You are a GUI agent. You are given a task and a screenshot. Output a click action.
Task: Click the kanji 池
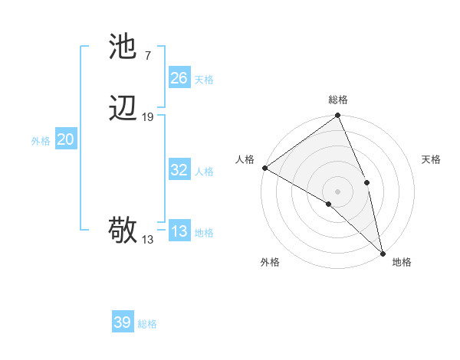tap(123, 47)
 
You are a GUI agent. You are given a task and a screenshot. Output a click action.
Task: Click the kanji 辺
tap(123, 110)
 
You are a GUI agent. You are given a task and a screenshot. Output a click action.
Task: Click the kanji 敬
tap(123, 230)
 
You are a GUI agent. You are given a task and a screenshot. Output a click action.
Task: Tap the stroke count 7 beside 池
tap(147, 55)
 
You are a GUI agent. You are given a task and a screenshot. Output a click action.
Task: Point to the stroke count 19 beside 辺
tap(148, 117)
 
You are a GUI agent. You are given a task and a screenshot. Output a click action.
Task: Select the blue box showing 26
tap(179, 78)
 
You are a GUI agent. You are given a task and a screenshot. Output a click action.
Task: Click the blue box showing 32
tap(179, 170)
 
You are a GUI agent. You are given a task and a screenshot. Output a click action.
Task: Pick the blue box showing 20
tap(66, 139)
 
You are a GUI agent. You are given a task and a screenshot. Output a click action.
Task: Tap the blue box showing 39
tap(123, 322)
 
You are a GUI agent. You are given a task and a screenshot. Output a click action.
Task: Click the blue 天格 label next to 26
tap(204, 80)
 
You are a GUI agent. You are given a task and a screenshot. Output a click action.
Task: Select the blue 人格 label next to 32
tap(204, 172)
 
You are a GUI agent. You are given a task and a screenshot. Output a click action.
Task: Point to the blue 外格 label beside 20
tap(41, 141)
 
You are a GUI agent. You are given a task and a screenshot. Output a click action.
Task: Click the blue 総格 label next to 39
tap(147, 324)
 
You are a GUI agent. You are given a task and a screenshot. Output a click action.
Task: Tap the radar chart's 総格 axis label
tap(338, 100)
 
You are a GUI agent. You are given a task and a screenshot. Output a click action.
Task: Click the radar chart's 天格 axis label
tap(431, 159)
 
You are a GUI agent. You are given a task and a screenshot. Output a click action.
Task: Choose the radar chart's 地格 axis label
tap(402, 262)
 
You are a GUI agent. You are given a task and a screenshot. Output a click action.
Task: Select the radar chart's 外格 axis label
tap(270, 262)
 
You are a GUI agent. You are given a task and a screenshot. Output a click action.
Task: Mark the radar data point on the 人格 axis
tap(264, 168)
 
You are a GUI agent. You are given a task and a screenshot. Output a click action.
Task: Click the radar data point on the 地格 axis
tap(383, 253)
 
